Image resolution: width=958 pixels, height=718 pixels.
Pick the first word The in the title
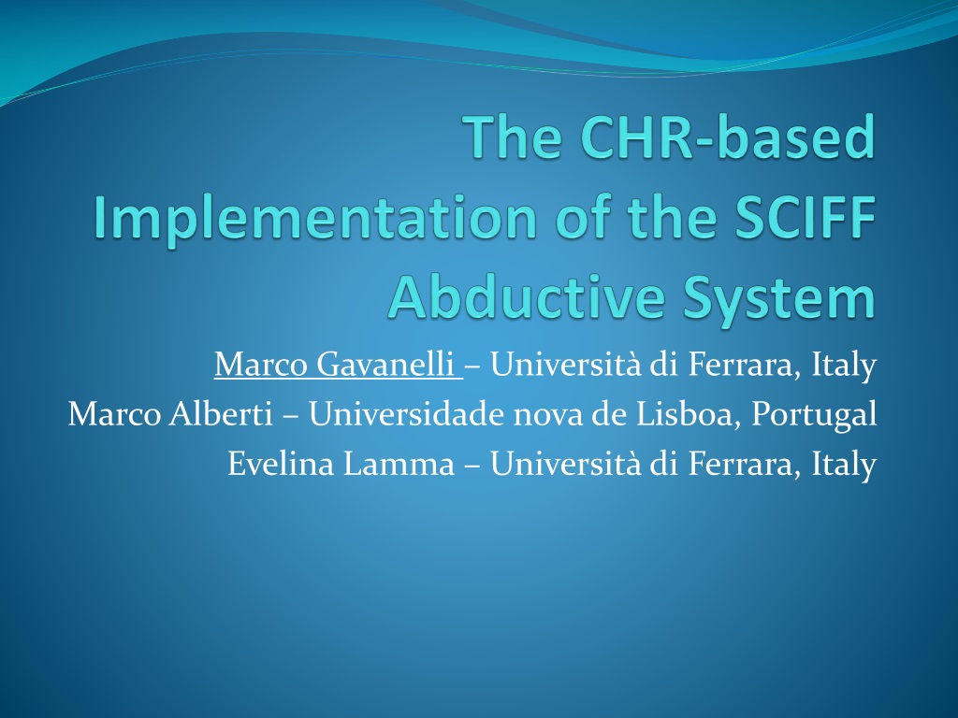tap(513, 136)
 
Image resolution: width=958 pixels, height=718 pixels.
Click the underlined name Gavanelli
tap(385, 364)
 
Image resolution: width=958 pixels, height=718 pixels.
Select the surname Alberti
tap(221, 413)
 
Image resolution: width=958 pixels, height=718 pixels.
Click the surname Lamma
tap(399, 463)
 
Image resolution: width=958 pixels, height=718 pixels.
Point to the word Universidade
tap(407, 413)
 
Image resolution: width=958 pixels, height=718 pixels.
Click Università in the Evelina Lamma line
tap(566, 463)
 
